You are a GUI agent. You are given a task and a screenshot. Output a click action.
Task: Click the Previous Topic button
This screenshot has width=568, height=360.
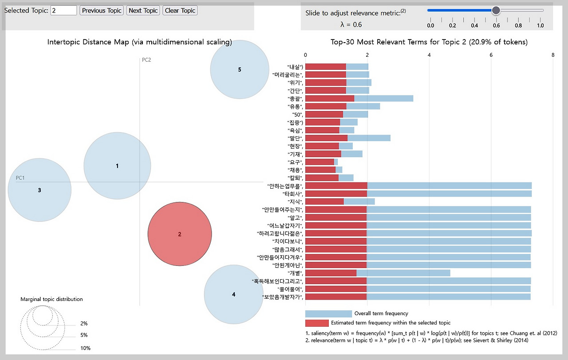(102, 10)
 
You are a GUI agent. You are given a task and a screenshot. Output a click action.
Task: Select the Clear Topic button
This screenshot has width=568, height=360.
(180, 10)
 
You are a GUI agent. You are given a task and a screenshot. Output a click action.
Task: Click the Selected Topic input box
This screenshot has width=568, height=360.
(63, 10)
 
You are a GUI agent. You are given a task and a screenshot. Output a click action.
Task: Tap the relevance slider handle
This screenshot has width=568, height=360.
(496, 10)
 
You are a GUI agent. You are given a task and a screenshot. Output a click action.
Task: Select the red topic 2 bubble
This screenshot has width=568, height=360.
(180, 234)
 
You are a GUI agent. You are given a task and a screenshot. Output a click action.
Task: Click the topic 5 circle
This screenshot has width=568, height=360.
(240, 69)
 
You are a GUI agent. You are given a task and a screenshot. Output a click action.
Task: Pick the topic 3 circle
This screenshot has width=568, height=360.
(39, 190)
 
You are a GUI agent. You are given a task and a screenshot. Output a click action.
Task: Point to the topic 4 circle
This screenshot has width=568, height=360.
(233, 294)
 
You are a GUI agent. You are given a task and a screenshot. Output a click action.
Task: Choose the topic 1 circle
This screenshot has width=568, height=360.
(117, 166)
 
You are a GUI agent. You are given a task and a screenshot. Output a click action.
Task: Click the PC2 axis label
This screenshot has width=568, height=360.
(146, 60)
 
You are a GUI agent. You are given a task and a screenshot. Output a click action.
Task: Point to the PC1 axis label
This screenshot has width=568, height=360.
(20, 178)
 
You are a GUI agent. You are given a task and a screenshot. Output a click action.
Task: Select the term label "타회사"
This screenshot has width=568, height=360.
(293, 194)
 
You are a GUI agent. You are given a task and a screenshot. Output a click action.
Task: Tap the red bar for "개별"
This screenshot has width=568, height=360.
(331, 273)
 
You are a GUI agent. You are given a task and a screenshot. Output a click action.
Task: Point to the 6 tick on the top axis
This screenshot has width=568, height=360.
(491, 55)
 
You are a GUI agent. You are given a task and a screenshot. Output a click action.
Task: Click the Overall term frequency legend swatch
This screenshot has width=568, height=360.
(328, 313)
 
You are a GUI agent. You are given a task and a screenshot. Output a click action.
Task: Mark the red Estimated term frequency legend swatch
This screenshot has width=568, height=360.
(317, 323)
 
